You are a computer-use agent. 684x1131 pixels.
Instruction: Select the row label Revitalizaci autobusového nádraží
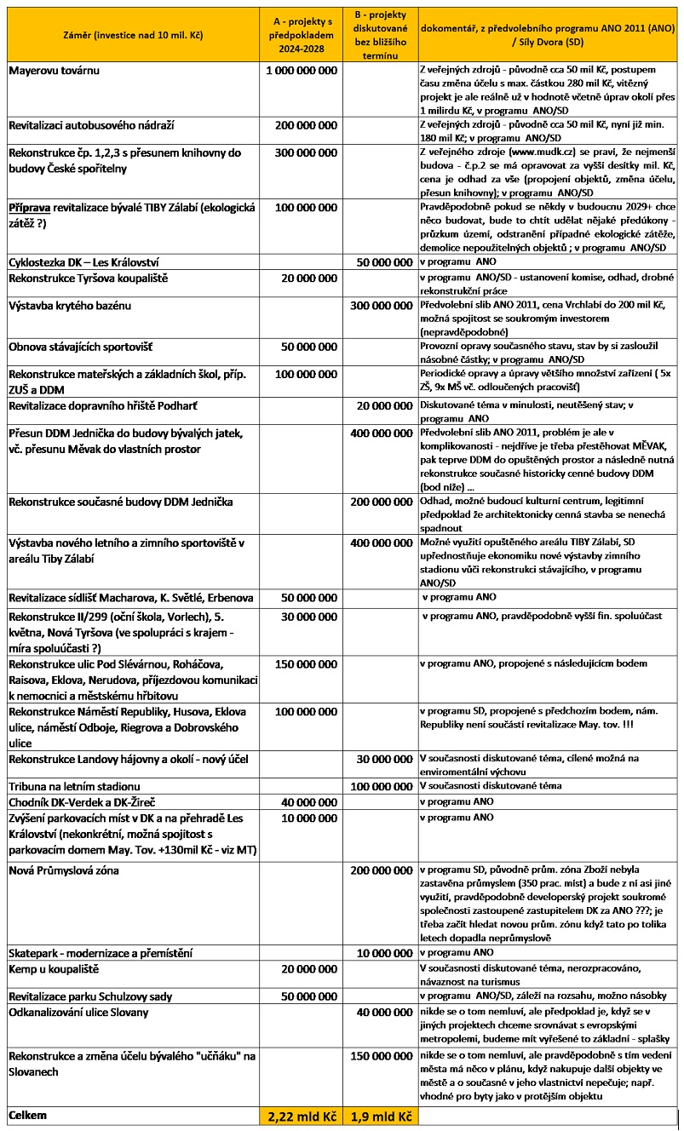91,125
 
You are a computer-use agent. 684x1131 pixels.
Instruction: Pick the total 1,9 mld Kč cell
380,1116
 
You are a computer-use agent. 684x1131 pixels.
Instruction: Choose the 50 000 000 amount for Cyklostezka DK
383,262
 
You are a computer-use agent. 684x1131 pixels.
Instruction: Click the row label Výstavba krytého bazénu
70,305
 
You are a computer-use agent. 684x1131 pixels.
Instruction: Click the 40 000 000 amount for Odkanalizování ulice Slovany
383,1013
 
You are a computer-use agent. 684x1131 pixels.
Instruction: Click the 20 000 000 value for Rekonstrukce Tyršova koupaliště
306,278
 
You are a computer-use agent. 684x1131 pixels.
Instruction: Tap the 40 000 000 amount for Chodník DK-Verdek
306,802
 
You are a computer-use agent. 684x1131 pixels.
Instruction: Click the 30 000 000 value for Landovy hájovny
383,759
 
